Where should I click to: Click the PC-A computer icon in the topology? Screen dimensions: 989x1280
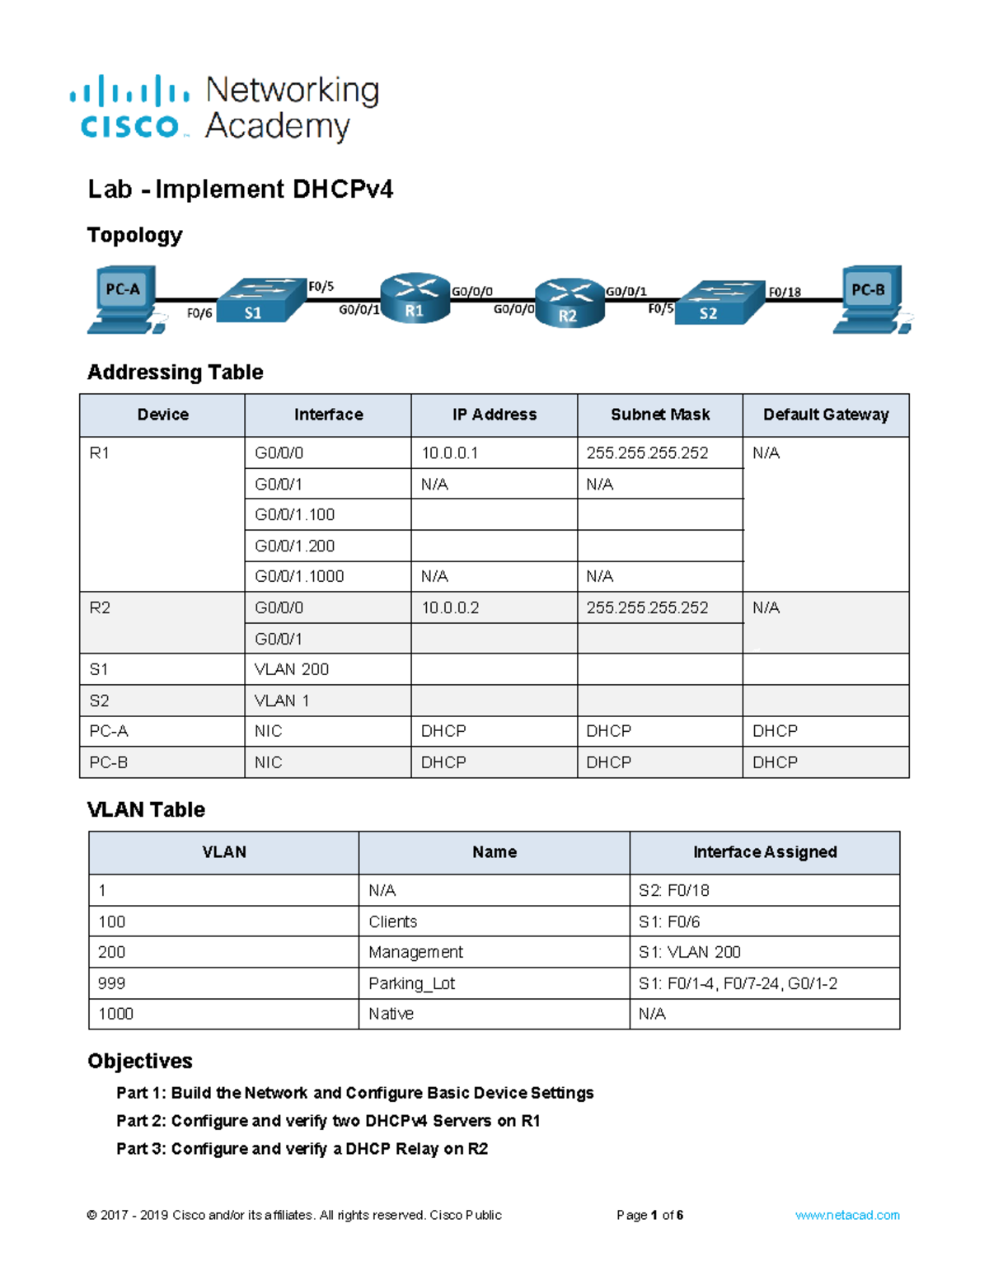[x=124, y=298]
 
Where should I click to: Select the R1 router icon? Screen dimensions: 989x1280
[x=415, y=298]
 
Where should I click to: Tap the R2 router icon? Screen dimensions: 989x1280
[x=569, y=303]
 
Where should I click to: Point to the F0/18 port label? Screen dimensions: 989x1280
[x=784, y=292]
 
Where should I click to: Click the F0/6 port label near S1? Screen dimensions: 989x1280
[x=199, y=313]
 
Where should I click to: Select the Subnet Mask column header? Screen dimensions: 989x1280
[x=659, y=415]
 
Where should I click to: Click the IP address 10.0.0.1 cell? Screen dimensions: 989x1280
[x=450, y=452]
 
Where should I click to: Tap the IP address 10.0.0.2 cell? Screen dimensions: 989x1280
[x=450, y=607]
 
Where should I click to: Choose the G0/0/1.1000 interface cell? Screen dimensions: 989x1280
[x=299, y=576]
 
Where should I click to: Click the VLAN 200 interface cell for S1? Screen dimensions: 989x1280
[x=292, y=669]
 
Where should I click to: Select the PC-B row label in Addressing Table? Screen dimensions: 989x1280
[x=109, y=762]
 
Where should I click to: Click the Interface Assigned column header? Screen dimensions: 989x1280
[x=765, y=852]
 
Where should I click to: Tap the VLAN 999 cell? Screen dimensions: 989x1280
[x=112, y=983]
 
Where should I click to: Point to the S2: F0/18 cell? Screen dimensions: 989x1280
[x=673, y=890]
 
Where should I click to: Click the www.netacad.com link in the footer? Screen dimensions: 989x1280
[x=847, y=1215]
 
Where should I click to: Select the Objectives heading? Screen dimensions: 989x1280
[x=140, y=1061]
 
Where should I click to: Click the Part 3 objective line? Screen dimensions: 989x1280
[x=302, y=1148]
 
